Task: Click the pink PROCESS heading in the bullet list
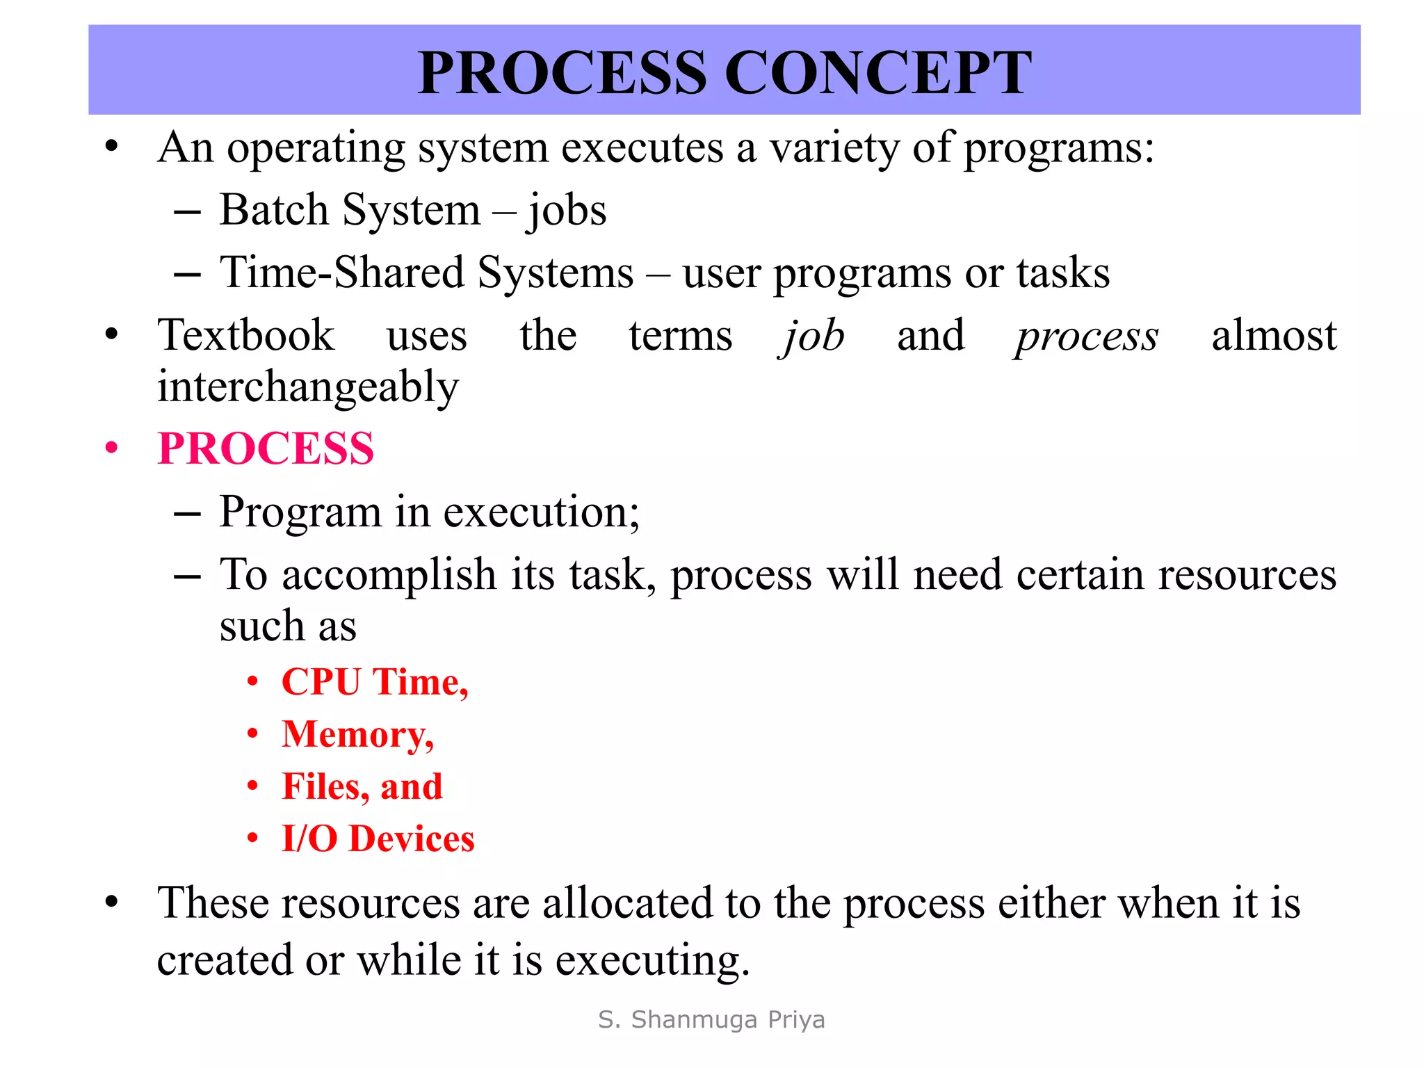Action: click(266, 448)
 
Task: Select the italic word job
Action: click(812, 337)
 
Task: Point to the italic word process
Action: click(1086, 338)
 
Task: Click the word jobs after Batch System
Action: click(567, 211)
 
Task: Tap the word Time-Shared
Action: click(341, 273)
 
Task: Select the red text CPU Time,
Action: click(375, 681)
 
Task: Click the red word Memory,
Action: click(357, 734)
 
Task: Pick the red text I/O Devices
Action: click(378, 839)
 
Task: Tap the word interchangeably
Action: click(308, 387)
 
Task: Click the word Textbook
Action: click(246, 336)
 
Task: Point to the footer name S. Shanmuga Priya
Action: click(711, 1019)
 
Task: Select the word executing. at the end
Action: click(652, 961)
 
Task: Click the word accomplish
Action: click(389, 576)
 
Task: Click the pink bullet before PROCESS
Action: click(112, 448)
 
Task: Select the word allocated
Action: click(627, 904)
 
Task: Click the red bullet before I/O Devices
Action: click(253, 839)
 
